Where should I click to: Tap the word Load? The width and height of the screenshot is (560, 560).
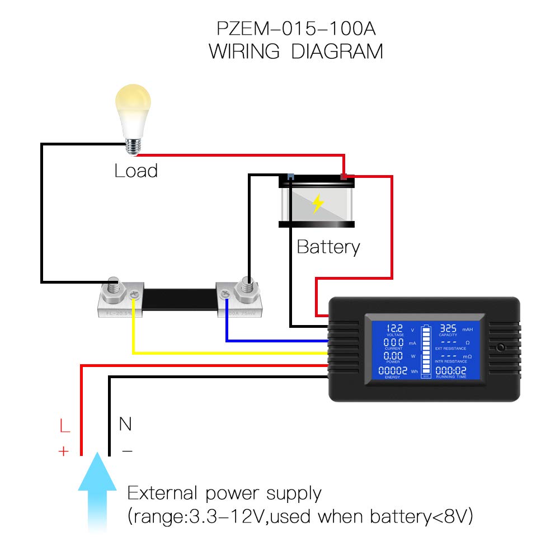coord(136,170)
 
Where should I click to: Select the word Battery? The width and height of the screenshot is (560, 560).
coord(328,247)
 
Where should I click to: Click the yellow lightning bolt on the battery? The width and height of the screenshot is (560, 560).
coord(318,204)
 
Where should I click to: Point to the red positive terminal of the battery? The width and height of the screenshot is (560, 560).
coord(344,177)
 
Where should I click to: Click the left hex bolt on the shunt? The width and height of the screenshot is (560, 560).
coord(114,285)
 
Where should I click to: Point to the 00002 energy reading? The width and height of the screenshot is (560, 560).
coord(393,370)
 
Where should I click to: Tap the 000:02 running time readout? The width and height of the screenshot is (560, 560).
coord(451,370)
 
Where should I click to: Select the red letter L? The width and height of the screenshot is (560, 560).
coord(65,427)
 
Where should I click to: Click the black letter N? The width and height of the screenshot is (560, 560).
coord(125,424)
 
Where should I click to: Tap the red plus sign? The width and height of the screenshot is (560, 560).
coord(63,451)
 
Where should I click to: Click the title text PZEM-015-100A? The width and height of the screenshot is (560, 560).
coord(296,29)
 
